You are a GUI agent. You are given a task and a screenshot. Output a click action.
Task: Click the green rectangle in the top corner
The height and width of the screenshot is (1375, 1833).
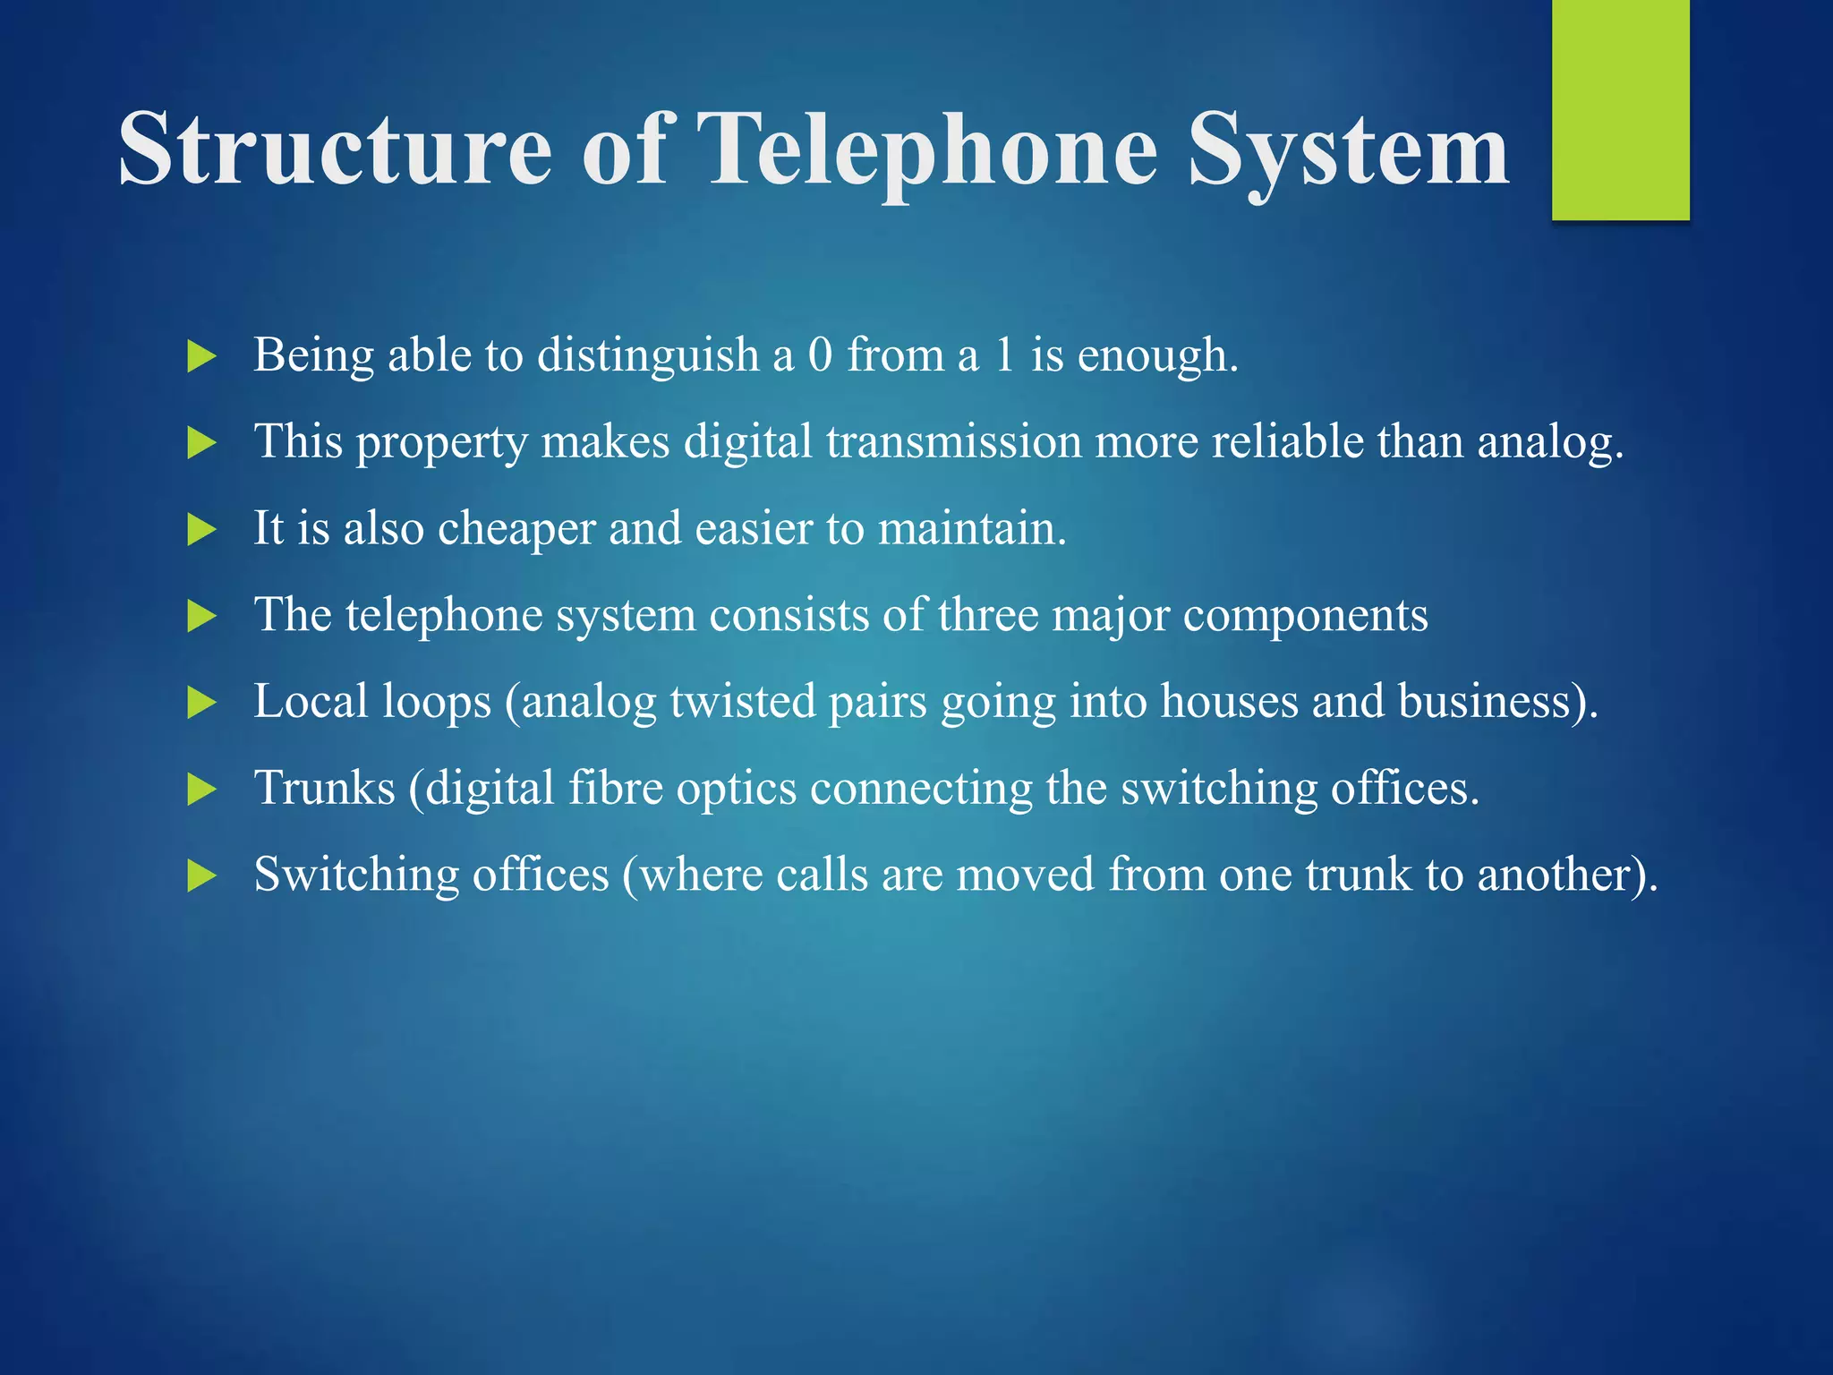pos(1620,109)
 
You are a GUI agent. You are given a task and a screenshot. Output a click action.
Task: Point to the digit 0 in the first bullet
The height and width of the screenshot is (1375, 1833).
pos(820,354)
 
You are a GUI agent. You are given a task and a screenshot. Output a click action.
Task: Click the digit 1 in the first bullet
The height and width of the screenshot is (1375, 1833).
pos(1004,354)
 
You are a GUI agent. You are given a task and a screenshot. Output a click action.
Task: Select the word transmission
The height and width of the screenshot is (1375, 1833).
pos(953,441)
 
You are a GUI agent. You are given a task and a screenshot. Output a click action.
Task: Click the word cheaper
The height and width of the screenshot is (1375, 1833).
pos(516,529)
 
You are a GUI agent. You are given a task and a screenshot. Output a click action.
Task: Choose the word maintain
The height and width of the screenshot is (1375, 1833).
pos(972,528)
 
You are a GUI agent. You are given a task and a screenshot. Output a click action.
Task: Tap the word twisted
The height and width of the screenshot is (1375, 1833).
pos(743,701)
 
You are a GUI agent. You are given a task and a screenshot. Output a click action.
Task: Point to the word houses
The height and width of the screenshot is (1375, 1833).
pos(1229,701)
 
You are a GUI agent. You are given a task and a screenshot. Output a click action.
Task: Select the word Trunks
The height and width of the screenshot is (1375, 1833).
pos(324,788)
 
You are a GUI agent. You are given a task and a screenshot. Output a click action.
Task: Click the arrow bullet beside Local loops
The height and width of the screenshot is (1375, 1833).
pos(202,703)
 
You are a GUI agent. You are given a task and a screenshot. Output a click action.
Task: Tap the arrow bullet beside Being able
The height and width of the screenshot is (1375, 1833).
pos(202,356)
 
